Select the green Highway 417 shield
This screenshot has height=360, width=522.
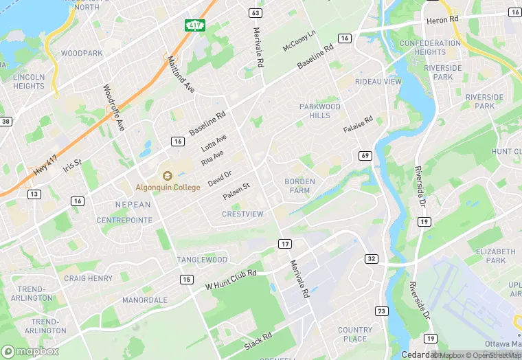click(195, 25)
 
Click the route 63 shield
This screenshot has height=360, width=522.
click(256, 13)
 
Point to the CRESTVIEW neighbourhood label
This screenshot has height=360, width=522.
click(242, 214)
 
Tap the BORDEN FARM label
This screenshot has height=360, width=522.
click(297, 185)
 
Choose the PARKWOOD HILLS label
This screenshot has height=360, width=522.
click(319, 111)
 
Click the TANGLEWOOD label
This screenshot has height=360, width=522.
click(202, 260)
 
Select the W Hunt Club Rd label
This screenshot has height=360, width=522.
click(231, 279)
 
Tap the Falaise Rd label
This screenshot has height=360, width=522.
click(358, 125)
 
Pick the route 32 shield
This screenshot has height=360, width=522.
click(372, 258)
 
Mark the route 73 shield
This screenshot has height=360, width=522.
click(381, 311)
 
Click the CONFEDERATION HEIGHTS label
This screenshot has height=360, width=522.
click(430, 47)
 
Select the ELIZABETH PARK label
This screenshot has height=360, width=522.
click(495, 256)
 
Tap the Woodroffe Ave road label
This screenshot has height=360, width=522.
click(114, 107)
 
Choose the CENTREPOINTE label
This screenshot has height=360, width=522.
click(124, 220)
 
